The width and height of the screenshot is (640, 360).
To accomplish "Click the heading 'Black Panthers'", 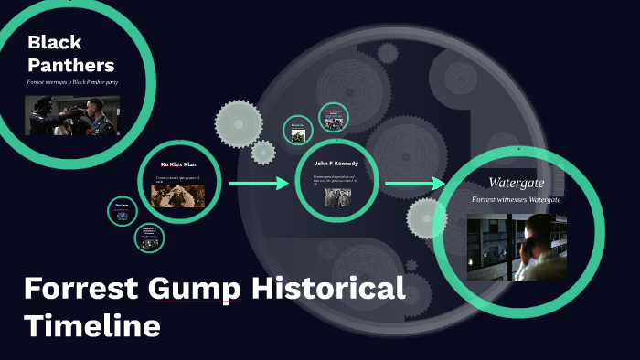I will tap(69, 53).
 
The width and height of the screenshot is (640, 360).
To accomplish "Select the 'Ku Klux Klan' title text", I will tap(178, 164).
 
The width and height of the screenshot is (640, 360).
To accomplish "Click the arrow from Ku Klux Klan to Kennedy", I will tap(258, 184).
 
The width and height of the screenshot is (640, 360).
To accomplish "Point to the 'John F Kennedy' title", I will tap(335, 164).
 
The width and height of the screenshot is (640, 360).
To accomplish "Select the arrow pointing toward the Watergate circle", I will tap(413, 184).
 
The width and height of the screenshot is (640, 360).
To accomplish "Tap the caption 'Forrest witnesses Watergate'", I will tap(517, 199).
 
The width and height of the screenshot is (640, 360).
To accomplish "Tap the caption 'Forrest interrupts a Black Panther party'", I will tap(72, 82).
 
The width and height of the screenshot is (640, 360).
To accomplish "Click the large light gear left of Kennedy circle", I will tap(238, 123).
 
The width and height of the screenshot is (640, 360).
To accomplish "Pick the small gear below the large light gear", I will tap(263, 152).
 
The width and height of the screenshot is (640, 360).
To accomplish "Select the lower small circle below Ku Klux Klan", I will tap(149, 238).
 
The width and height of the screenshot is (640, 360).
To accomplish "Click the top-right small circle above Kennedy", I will tap(335, 118).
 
